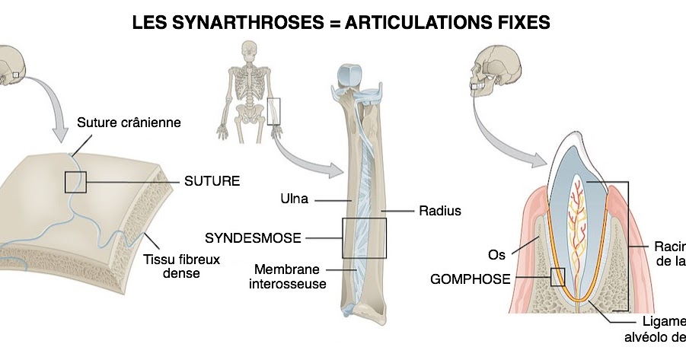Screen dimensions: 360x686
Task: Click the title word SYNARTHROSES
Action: [244, 23]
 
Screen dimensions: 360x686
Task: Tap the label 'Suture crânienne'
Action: [129, 122]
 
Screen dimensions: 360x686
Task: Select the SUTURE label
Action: [212, 181]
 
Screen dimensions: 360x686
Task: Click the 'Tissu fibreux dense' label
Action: [181, 266]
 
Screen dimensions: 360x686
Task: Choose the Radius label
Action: [440, 211]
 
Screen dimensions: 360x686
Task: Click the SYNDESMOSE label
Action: [253, 237]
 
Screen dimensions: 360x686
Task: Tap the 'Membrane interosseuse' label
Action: [288, 276]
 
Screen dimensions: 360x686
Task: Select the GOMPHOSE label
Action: [470, 279]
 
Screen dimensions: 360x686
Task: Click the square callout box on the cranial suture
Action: [75, 182]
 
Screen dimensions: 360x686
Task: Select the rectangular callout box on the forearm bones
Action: [364, 237]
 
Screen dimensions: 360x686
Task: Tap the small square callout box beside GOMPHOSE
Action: [557, 276]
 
